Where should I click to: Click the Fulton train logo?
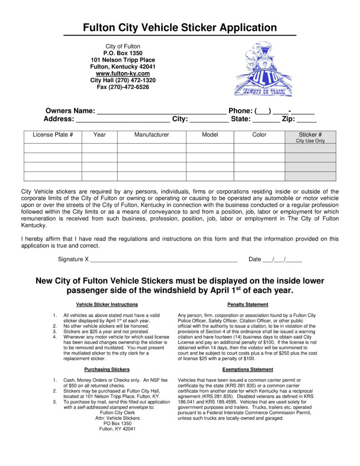tap(263, 69)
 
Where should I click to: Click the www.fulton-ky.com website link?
tap(122, 73)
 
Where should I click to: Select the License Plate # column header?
tap(53, 135)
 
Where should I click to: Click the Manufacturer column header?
tap(152, 135)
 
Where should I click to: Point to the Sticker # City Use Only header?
tap(310, 137)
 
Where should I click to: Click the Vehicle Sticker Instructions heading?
tap(107, 304)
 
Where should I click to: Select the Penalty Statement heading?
tap(248, 304)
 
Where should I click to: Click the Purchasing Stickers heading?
tap(107, 370)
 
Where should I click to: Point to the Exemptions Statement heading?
tap(248, 370)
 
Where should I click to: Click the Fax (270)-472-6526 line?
tap(122, 87)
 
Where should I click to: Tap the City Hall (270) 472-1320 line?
tap(122, 80)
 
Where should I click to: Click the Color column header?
tap(259, 135)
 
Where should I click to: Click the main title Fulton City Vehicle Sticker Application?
tap(180, 28)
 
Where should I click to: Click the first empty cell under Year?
tap(100, 148)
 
